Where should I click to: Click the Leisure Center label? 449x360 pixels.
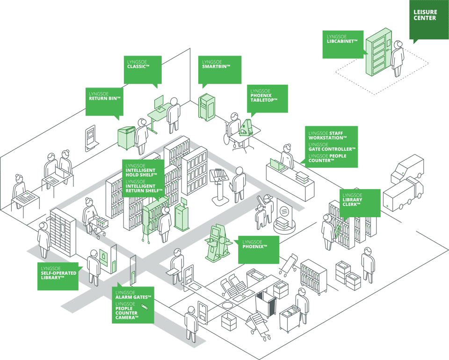(x=425, y=15)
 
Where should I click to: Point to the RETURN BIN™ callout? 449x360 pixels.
(x=104, y=100)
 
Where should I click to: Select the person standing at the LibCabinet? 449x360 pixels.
(x=398, y=59)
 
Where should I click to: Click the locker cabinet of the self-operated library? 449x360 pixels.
(x=62, y=231)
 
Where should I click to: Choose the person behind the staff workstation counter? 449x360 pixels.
(x=287, y=156)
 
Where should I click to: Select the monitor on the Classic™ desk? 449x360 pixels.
(x=159, y=103)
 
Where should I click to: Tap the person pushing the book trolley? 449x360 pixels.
(x=90, y=213)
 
